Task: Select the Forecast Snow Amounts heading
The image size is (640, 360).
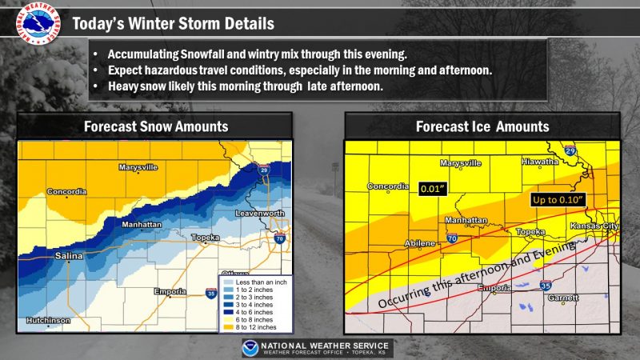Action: pos(156,126)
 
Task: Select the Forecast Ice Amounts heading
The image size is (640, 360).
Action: pos(482,126)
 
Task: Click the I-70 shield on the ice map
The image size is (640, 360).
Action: pos(451,238)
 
